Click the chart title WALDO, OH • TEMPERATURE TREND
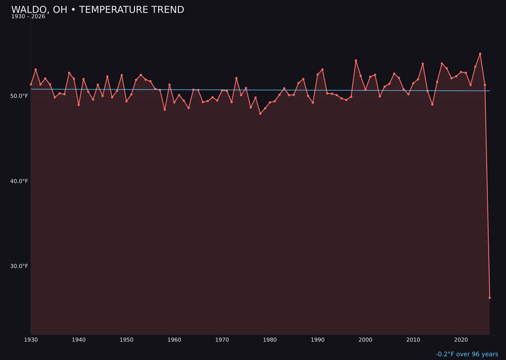pyautogui.click(x=97, y=10)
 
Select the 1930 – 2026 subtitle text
pyautogui.click(x=28, y=16)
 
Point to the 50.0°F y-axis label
pyautogui.click(x=19, y=96)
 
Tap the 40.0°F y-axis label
pyautogui.click(x=19, y=181)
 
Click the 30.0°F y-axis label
pyautogui.click(x=19, y=266)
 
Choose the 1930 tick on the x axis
pyautogui.click(x=31, y=340)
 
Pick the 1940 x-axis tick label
pyautogui.click(x=79, y=340)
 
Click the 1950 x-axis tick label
pyautogui.click(x=126, y=340)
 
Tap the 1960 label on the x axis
pyautogui.click(x=174, y=340)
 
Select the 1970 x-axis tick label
pyautogui.click(x=222, y=340)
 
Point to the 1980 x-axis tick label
pyautogui.click(x=270, y=340)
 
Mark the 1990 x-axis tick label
pyautogui.click(x=318, y=340)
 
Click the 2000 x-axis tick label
pyautogui.click(x=365, y=340)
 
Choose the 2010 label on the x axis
pyautogui.click(x=413, y=340)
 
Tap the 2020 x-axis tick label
pyautogui.click(x=461, y=340)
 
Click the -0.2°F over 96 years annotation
pyautogui.click(x=467, y=354)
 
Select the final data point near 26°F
pyautogui.click(x=490, y=298)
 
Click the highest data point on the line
pyautogui.click(x=480, y=53)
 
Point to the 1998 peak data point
pyautogui.click(x=356, y=60)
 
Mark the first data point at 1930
pyautogui.click(x=31, y=84)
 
